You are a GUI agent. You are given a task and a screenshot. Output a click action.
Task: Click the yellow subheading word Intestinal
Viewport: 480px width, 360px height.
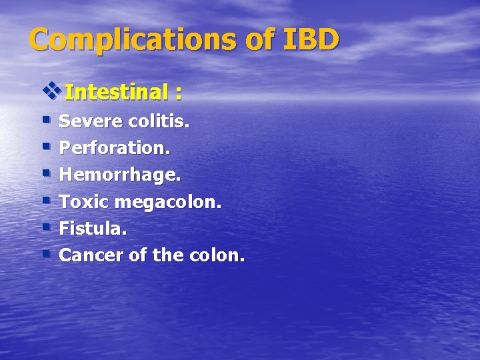[117, 93]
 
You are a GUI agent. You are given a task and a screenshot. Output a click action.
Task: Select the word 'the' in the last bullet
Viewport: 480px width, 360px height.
[174, 255]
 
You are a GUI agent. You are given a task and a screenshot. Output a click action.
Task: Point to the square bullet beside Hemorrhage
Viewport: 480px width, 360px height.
[46, 173]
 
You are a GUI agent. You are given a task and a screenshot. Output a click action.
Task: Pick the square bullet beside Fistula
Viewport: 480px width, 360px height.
[46, 227]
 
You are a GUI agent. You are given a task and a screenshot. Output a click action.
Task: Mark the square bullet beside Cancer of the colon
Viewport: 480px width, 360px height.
[46, 253]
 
